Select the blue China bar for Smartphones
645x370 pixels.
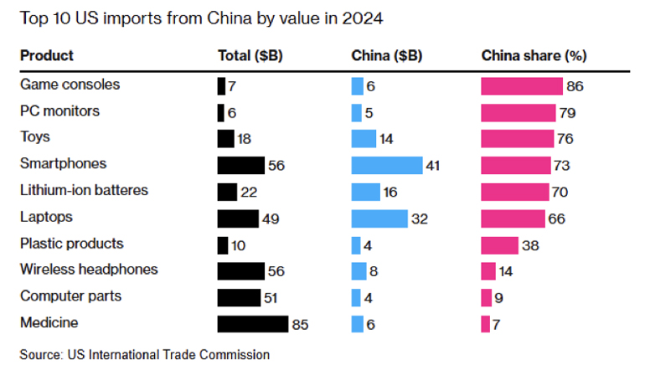click(x=387, y=165)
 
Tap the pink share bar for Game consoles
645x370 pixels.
click(x=521, y=85)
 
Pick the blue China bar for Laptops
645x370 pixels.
click(x=379, y=218)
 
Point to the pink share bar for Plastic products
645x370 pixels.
click(x=499, y=244)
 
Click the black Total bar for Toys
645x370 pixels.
click(x=225, y=139)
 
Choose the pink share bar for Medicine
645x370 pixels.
click(x=485, y=324)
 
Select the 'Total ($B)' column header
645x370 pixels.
click(x=250, y=56)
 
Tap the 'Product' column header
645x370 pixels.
click(x=47, y=56)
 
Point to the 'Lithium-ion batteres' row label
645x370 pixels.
click(x=84, y=190)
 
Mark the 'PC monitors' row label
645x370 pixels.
click(x=59, y=110)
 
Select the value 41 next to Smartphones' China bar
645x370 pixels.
click(x=433, y=165)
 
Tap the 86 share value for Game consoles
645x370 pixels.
click(x=574, y=85)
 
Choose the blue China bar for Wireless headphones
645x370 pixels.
click(x=359, y=271)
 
